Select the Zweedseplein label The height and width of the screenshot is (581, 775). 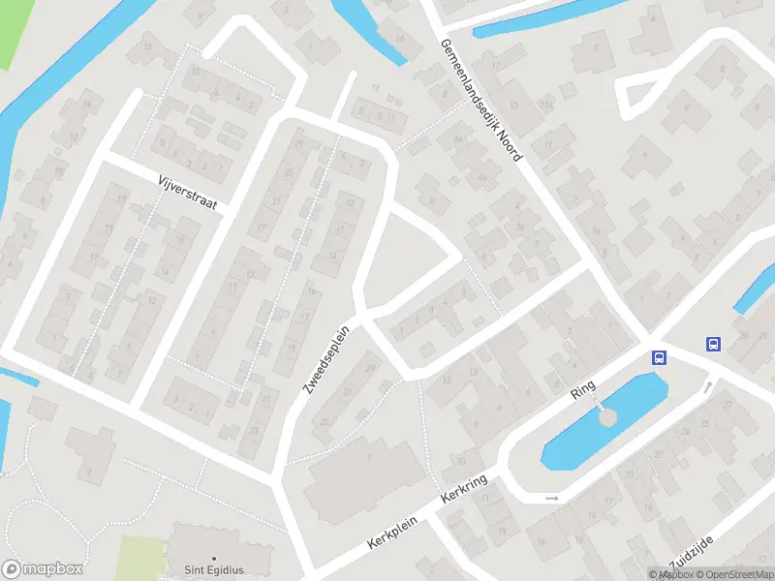(326, 360)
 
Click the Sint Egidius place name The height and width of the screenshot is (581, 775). (212, 570)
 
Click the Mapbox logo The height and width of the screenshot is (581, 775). (43, 568)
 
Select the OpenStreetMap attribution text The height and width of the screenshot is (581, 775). (728, 574)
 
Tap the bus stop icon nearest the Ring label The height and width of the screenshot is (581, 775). (660, 356)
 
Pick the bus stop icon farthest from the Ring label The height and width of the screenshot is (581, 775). (714, 344)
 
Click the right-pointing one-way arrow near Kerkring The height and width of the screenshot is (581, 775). (552, 498)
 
